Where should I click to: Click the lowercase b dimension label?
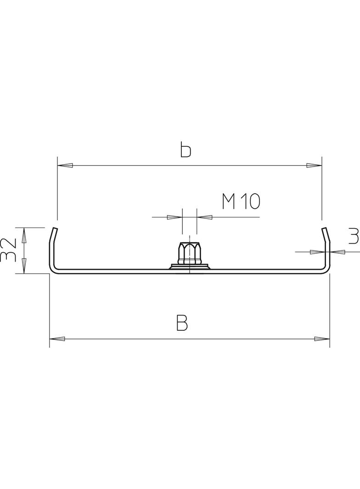pos(186,150)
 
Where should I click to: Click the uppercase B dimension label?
pos(182,323)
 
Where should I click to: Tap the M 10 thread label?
pos(241,201)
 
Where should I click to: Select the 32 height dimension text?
pos(8,250)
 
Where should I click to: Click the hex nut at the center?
pos(189,254)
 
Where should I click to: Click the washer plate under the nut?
pos(189,267)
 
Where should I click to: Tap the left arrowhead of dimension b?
pos(65,165)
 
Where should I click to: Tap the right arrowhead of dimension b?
pos(314,165)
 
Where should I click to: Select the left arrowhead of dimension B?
pos(57,339)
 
